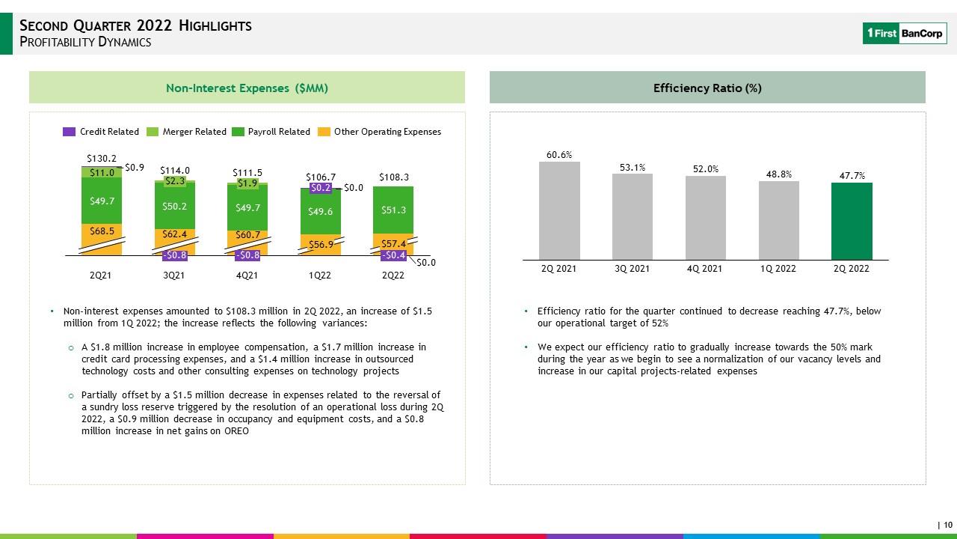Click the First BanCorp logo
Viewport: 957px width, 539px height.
[x=905, y=34]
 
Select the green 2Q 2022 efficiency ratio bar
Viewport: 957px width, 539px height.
[x=852, y=221]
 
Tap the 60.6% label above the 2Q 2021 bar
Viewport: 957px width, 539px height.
[x=559, y=155]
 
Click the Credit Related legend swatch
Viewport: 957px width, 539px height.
[x=70, y=132]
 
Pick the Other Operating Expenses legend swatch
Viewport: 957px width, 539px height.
[x=324, y=132]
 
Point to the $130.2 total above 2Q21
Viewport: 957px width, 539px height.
[x=102, y=159]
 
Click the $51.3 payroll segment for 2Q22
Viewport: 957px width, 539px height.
[x=393, y=210]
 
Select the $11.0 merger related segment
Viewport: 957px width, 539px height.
[x=102, y=172]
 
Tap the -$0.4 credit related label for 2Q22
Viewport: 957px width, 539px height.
[x=393, y=255]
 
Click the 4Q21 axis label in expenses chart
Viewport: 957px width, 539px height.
[x=247, y=275]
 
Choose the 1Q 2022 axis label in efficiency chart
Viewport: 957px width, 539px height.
[x=778, y=269]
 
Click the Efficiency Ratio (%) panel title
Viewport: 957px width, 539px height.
[x=707, y=88]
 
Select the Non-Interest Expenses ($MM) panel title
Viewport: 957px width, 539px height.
[x=247, y=88]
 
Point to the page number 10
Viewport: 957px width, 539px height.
[x=948, y=525]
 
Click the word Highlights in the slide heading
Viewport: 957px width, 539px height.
[x=215, y=25]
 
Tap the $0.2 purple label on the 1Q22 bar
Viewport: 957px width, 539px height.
[x=321, y=188]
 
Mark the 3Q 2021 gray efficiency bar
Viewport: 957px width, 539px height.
[x=633, y=217]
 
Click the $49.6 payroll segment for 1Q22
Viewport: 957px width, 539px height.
[x=321, y=211]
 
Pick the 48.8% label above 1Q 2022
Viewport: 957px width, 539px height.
[x=779, y=174]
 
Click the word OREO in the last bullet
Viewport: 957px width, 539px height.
[x=236, y=431]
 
